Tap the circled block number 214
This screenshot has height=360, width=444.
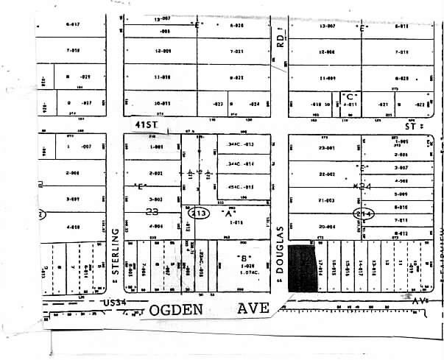click(x=364, y=213)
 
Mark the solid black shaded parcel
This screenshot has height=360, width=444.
click(x=299, y=268)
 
